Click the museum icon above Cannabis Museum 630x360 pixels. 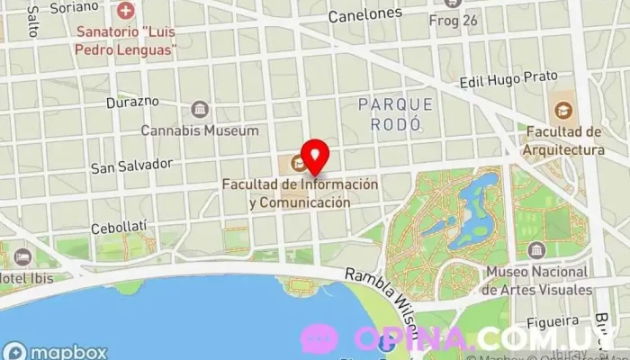tap(199, 110)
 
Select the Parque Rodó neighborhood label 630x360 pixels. tap(395, 114)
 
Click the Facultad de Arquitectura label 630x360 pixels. tap(563, 140)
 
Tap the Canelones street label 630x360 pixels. tap(364, 14)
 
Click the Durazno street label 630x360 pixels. tap(132, 102)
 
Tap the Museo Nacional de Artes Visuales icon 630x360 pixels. tap(537, 249)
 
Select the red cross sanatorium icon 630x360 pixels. tap(126, 13)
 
